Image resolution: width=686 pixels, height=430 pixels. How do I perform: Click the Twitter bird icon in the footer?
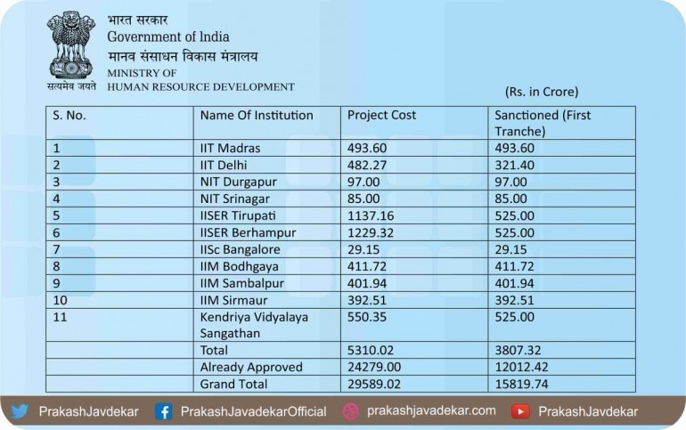coord(20,411)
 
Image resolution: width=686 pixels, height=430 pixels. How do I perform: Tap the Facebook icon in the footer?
coord(163,411)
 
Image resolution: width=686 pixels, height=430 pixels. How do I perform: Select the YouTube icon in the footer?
coord(521,411)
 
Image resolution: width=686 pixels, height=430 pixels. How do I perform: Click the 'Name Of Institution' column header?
coord(257,115)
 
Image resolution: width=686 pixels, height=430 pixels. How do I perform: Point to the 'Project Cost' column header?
coord(381,115)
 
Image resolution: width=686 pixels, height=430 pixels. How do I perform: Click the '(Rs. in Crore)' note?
coord(542,91)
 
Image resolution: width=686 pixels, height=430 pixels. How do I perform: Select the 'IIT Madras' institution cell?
coord(230,148)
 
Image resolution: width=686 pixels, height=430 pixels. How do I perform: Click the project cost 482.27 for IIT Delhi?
coord(367,165)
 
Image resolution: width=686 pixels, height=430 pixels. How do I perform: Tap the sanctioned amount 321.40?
coord(514,165)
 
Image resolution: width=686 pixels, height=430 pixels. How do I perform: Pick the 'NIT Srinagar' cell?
coord(234,199)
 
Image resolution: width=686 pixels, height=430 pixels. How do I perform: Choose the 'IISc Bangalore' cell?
coord(241,249)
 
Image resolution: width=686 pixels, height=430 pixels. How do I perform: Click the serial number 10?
coord(61,300)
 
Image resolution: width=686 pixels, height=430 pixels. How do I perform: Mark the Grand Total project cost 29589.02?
coord(374,384)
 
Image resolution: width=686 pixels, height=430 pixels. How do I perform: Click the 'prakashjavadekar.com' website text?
coord(432,411)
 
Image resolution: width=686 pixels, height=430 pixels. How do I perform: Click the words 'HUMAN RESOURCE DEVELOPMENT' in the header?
coord(200,86)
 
